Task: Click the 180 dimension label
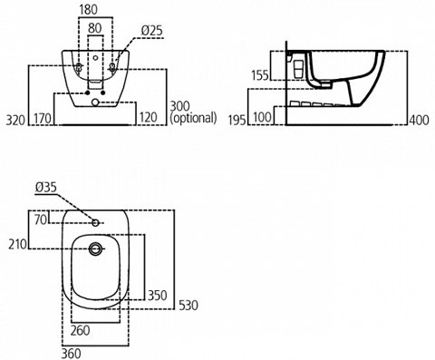pos(87,11)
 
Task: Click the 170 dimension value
pos(42,119)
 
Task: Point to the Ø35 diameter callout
pos(45,188)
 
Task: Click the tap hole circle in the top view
pos(96,220)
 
